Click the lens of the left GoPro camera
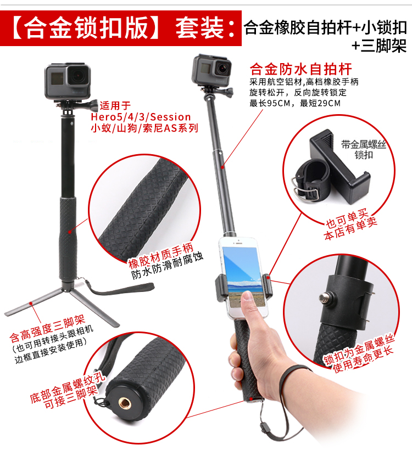78,76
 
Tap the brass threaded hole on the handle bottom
125,403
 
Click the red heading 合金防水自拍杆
300,69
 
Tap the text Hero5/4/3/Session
141,117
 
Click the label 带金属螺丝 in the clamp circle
363,144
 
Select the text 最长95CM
270,103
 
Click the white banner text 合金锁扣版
86,28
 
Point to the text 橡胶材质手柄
160,255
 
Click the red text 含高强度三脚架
47,328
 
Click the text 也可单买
347,218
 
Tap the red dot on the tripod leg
31,303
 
